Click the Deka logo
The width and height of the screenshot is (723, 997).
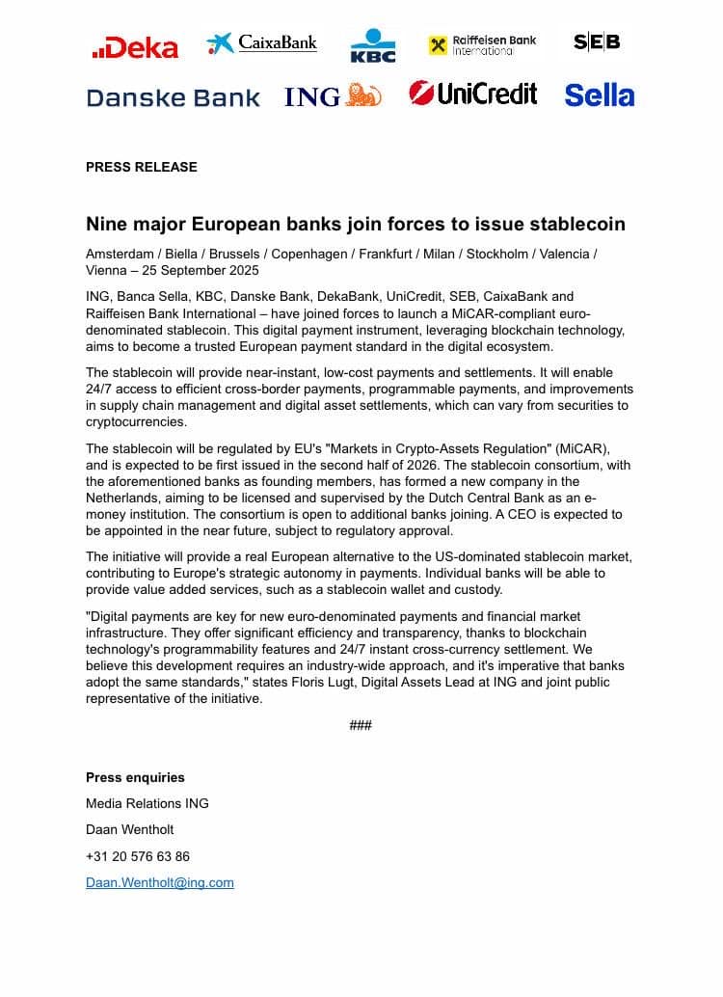point(135,47)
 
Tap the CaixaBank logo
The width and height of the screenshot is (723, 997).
point(261,43)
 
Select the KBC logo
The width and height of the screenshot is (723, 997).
point(373,45)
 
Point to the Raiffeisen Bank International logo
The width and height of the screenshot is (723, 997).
point(483,44)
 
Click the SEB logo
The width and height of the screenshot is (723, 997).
point(597,42)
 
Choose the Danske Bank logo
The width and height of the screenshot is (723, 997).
point(174,97)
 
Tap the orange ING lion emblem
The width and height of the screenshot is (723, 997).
point(363,94)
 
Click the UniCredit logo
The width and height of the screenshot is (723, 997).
point(473,94)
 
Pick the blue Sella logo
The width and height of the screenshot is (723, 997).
point(599,95)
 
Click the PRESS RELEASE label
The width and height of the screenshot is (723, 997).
point(142,167)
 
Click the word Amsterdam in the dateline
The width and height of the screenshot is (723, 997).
point(120,254)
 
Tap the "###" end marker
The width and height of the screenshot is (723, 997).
point(361,725)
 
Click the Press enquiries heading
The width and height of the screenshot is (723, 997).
point(135,777)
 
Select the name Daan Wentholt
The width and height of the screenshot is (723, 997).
point(130,829)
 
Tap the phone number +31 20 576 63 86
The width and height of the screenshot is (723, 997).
point(138,856)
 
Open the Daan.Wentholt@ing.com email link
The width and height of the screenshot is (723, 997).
point(160,882)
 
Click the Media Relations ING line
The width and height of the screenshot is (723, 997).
point(147,803)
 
